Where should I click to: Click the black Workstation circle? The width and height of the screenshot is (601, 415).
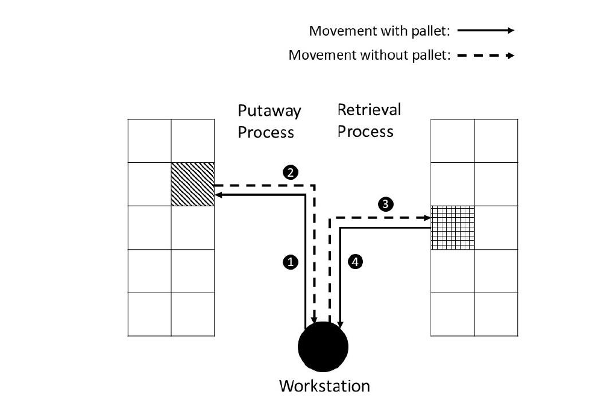tap(323, 347)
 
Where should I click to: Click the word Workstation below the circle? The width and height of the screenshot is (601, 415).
tap(324, 385)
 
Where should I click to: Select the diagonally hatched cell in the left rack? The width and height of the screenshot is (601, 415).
tap(193, 184)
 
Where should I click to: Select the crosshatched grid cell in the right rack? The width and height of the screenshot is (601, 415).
tap(453, 227)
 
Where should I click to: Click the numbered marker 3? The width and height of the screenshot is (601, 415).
tap(385, 204)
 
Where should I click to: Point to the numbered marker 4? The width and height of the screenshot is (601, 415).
tap(356, 262)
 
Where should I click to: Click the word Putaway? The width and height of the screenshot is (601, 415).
tap(269, 111)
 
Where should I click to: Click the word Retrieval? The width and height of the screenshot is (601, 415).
tap(369, 110)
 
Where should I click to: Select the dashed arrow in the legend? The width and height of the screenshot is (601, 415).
tap(486, 55)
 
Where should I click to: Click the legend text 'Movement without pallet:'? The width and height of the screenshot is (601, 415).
tap(370, 55)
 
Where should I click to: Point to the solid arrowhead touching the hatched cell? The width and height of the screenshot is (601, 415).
tap(218, 195)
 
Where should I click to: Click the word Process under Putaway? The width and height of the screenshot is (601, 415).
tap(266, 132)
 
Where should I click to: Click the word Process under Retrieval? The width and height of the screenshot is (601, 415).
tap(365, 131)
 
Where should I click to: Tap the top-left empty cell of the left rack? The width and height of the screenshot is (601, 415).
tap(149, 141)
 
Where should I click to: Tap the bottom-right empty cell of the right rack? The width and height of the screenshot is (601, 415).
tap(496, 314)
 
